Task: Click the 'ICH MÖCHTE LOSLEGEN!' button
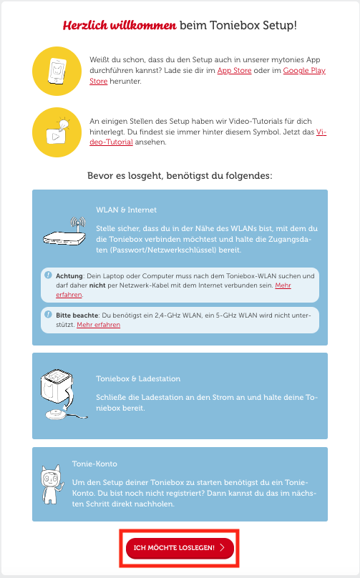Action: [180, 548]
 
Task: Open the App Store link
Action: [234, 70]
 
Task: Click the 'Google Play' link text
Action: [304, 70]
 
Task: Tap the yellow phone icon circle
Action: [57, 71]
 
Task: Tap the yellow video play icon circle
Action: [57, 132]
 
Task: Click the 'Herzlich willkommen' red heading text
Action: [120, 26]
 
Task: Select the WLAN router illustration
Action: [64, 231]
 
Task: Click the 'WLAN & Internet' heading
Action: [126, 210]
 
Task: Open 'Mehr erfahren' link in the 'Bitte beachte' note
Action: [99, 325]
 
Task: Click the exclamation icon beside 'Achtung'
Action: [49, 275]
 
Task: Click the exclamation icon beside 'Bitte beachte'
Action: [49, 315]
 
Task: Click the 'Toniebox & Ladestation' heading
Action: [138, 378]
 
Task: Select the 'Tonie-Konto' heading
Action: [94, 464]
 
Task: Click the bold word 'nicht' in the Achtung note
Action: [97, 285]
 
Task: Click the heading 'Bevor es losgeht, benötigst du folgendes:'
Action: [180, 176]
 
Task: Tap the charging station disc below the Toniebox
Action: [57, 414]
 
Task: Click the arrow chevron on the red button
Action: [222, 548]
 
